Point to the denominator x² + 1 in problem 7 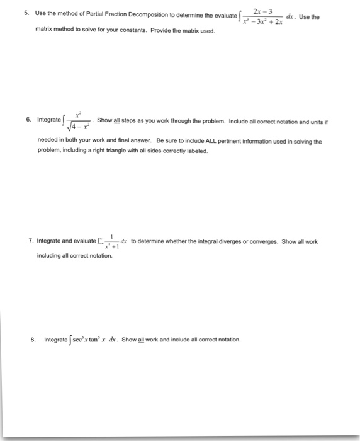(x=111, y=246)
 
